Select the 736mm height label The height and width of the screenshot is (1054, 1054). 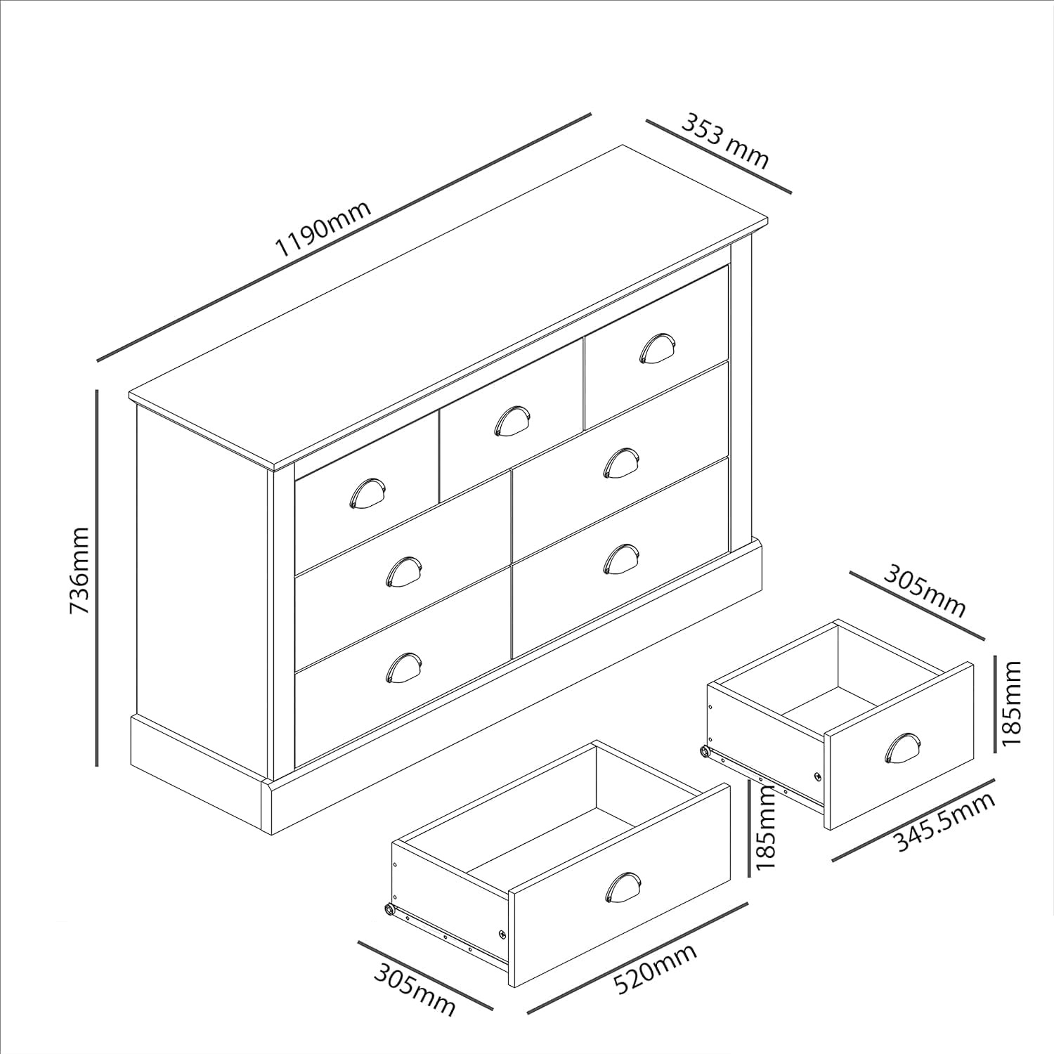[x=79, y=570]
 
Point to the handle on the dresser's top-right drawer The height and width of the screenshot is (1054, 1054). [x=657, y=347]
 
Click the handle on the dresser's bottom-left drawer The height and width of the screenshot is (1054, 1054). [x=403, y=668]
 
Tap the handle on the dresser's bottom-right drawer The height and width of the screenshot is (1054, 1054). [x=620, y=559]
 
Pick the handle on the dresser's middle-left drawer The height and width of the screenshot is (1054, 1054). [x=403, y=571]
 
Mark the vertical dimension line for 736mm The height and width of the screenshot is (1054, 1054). [x=97, y=578]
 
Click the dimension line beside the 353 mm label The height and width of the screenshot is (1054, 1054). [x=719, y=156]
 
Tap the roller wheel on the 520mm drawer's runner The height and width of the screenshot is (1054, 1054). [x=389, y=909]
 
